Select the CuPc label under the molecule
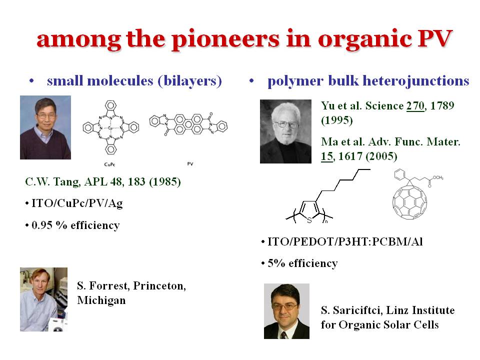click(109, 164)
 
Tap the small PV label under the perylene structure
click(190, 164)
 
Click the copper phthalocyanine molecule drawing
click(111, 127)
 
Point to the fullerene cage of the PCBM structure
click(409, 202)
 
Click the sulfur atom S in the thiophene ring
click(309, 220)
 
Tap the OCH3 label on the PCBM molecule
click(438, 177)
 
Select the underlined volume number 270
click(415, 105)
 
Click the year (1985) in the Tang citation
click(165, 182)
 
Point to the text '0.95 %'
click(49, 225)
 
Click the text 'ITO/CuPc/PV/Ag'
click(77, 203)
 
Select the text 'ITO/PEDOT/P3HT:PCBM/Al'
click(345, 242)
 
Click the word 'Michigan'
click(101, 300)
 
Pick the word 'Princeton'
click(159, 286)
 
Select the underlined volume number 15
click(326, 156)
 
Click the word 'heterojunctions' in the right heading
click(415, 81)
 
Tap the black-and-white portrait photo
click(285, 131)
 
